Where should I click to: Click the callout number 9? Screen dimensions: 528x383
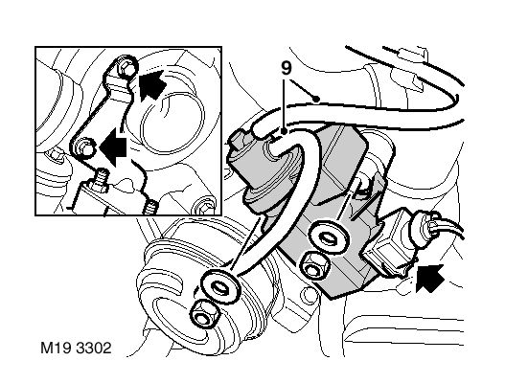[286, 68]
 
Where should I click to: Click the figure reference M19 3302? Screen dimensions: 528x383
[76, 348]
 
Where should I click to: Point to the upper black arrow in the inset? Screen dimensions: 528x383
[151, 84]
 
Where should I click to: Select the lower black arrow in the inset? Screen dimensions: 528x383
[113, 146]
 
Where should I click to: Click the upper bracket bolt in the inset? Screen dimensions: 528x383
[126, 67]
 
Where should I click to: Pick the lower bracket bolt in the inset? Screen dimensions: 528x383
[83, 147]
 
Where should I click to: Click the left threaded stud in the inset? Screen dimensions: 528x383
[102, 180]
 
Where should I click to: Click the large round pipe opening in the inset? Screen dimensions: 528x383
[173, 122]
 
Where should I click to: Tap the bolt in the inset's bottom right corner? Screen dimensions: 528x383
[204, 206]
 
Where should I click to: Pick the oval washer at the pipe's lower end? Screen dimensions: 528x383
[220, 285]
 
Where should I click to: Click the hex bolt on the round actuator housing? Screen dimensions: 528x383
[204, 314]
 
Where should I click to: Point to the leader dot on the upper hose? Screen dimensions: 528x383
[316, 99]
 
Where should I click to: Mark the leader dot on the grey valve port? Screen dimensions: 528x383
[285, 132]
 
